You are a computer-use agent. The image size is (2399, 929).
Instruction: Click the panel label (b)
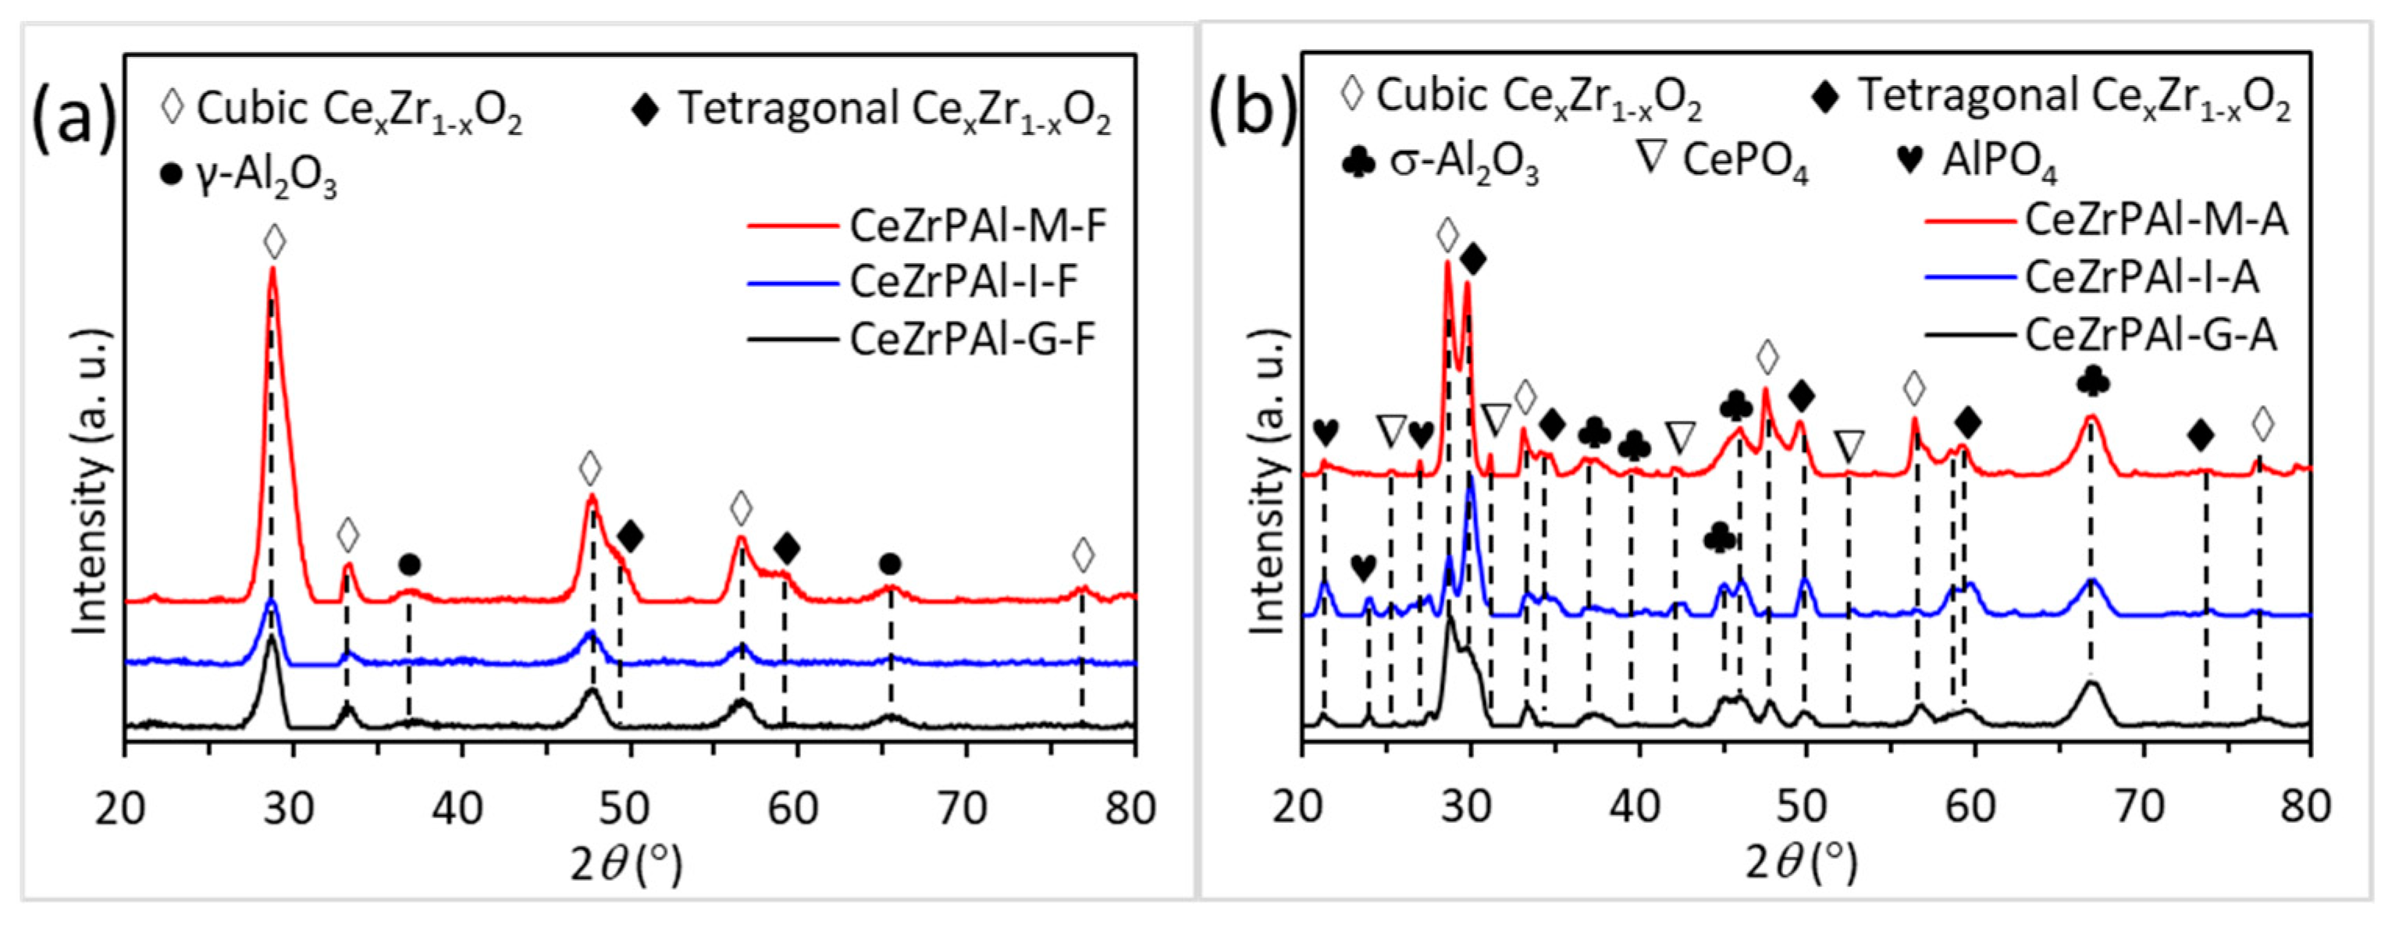[x=1252, y=110]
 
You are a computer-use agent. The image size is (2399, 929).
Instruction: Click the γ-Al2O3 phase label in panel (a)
[x=265, y=178]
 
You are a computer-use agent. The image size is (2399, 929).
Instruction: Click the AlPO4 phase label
[x=1999, y=161]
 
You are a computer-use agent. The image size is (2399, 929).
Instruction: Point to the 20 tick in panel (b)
[x=1298, y=806]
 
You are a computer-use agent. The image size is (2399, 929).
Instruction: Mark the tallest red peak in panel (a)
[x=272, y=270]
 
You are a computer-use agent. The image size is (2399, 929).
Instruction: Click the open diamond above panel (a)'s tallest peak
[x=274, y=241]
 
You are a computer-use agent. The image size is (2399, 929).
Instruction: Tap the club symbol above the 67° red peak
[x=2093, y=382]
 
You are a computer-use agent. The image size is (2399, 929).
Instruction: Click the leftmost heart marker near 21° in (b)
[x=1326, y=432]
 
